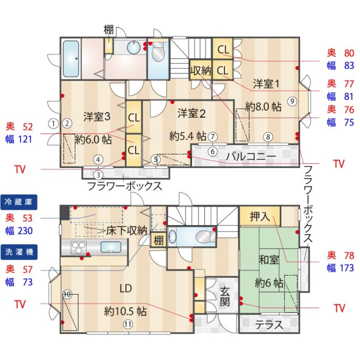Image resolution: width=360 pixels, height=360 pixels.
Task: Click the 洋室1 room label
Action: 266,84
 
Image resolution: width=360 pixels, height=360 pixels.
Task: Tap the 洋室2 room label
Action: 191,114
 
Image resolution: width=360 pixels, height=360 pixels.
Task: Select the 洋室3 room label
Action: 96,117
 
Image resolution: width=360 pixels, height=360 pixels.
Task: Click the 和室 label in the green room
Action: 269,260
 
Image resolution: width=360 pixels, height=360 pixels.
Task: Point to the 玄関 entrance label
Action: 225,296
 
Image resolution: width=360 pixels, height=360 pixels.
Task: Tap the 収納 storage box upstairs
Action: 201,71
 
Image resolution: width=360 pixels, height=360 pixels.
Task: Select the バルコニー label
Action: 251,156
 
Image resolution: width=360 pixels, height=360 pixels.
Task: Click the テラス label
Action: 269,325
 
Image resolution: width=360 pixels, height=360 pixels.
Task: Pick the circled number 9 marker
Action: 292,101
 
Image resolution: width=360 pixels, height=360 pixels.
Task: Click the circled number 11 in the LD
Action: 127,324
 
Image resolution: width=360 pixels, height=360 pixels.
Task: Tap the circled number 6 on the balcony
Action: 212,152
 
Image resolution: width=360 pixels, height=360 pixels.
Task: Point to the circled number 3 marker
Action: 98,175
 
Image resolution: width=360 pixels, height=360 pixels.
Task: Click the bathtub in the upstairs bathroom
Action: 71,59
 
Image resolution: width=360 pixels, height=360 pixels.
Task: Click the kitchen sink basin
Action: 111,247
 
